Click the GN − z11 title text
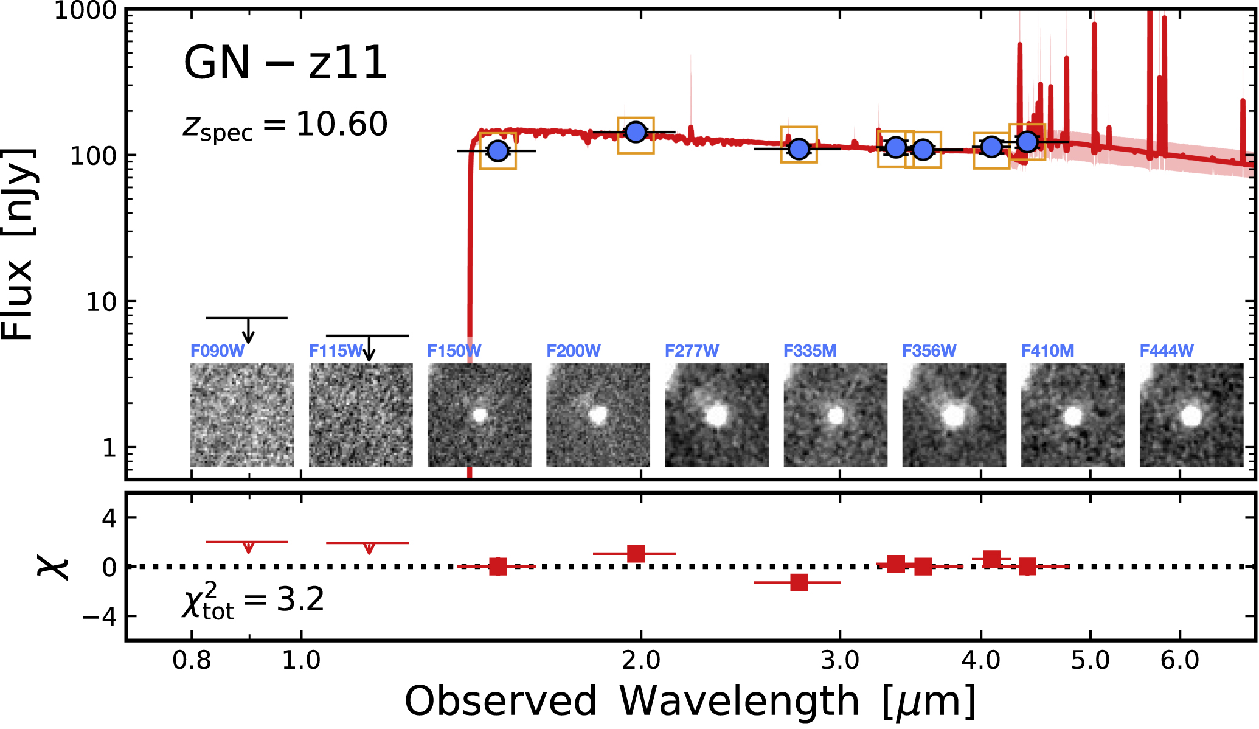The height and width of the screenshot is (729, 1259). [285, 63]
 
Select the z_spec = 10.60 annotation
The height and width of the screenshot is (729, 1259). [285, 126]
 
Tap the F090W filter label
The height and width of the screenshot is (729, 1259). [217, 351]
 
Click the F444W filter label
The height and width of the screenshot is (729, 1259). [1166, 351]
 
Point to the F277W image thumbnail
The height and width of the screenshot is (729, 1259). [716, 415]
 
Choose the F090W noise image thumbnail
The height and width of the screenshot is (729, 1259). [242, 415]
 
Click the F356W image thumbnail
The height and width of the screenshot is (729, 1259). [954, 415]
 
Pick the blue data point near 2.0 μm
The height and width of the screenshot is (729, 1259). [636, 132]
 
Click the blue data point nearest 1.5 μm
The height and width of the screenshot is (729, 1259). [498, 151]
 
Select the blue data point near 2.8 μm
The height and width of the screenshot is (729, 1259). [799, 148]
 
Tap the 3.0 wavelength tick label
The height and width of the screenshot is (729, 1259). [840, 660]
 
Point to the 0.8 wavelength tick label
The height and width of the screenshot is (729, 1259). [192, 660]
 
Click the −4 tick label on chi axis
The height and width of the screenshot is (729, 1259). [99, 616]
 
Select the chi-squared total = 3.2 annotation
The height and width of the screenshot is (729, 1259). [253, 601]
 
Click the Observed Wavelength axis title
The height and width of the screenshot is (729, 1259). [690, 702]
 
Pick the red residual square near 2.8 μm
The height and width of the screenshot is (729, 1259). [799, 582]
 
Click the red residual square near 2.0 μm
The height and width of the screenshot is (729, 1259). [636, 554]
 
